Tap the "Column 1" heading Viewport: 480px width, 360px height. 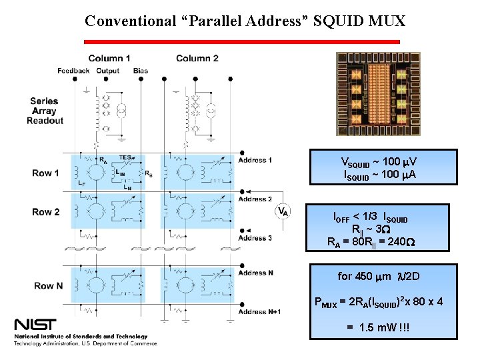click(109, 59)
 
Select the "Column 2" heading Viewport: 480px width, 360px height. click(197, 59)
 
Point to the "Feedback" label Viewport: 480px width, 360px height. click(73, 71)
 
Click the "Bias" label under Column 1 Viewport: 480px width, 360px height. click(141, 71)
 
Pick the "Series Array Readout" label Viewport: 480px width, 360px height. click(45, 111)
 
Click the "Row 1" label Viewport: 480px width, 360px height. click(45, 173)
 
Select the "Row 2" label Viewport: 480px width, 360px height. click(45, 212)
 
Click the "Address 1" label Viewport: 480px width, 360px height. click(255, 161)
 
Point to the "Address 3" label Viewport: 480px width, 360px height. click(255, 238)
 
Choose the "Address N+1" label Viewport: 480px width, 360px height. click(259, 312)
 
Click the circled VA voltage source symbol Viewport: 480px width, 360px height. click(283, 211)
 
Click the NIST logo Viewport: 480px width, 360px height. click(39, 326)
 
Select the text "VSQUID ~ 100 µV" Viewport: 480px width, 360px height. click(379, 162)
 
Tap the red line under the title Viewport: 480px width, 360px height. click(241, 41)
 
